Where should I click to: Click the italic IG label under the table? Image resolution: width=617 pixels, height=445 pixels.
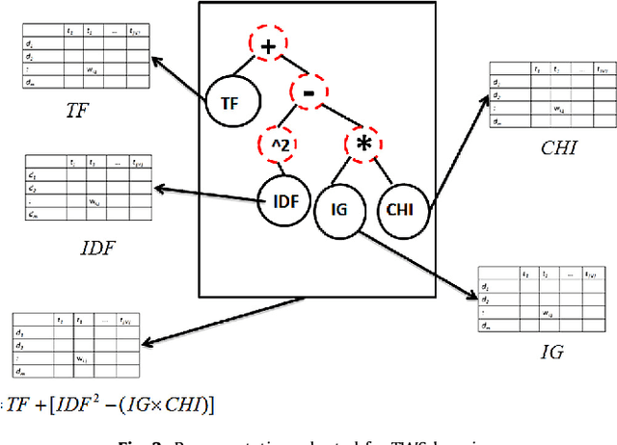(x=552, y=353)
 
